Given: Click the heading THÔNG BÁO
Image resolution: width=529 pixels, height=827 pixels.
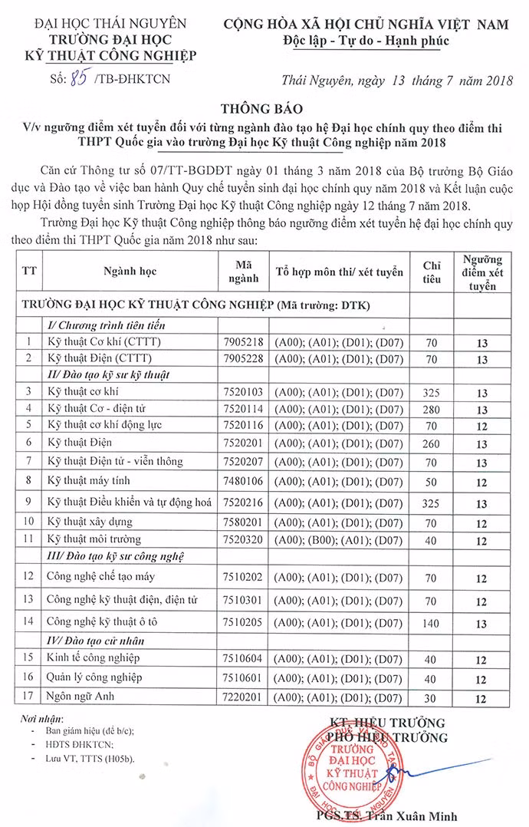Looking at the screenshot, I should tap(264, 109).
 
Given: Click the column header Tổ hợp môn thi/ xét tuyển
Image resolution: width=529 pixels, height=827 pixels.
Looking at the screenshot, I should tap(340, 272).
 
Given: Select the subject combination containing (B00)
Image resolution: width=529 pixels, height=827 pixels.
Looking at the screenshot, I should tap(340, 540).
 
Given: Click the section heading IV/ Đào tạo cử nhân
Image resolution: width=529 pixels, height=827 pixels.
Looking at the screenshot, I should tap(96, 641).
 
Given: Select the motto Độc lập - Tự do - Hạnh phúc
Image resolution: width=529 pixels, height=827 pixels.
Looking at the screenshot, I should tap(365, 41).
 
